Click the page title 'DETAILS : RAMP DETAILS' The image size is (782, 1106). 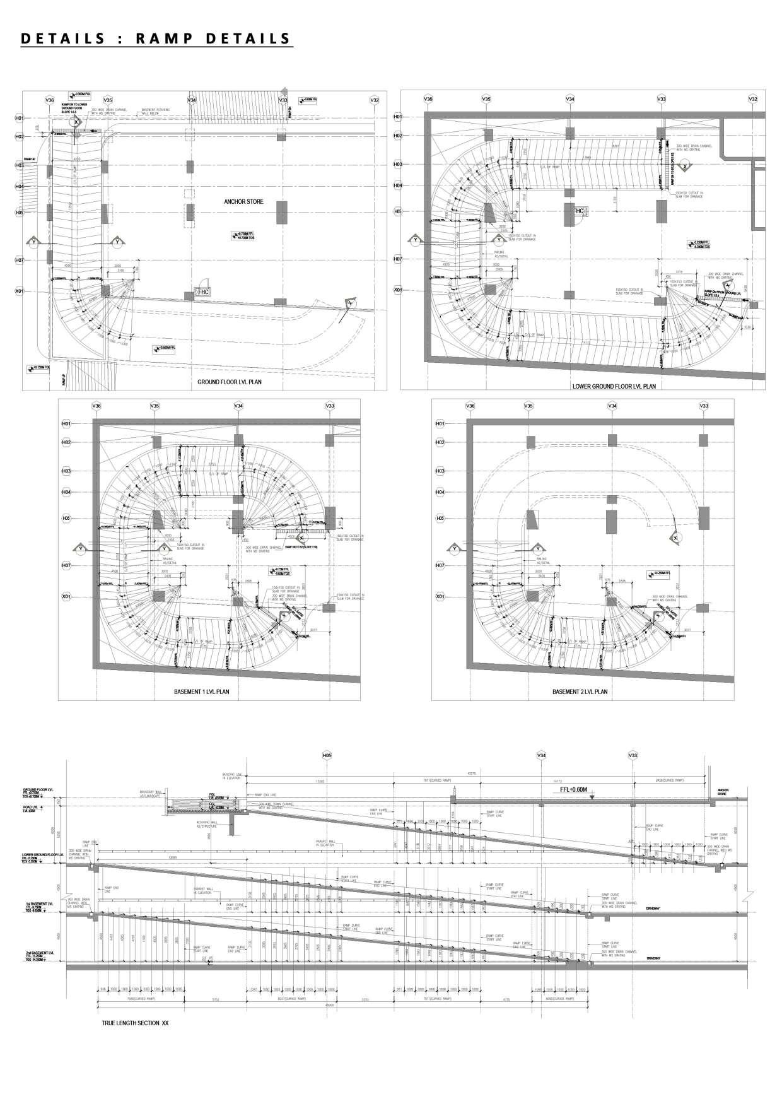[x=156, y=38]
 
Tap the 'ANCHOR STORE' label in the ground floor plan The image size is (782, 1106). [x=243, y=202]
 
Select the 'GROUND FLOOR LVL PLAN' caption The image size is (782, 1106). [x=230, y=382]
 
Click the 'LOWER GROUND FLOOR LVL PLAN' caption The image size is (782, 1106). [x=614, y=386]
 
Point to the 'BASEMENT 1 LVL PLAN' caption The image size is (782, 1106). [x=201, y=692]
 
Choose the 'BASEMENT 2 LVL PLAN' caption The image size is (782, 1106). [x=580, y=692]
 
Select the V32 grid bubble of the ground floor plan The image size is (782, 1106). [x=374, y=100]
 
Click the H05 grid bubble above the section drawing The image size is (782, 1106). [x=327, y=755]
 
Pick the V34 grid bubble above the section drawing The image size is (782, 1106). [x=541, y=755]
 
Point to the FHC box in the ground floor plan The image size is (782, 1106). [x=203, y=292]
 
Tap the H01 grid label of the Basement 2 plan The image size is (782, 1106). [x=440, y=424]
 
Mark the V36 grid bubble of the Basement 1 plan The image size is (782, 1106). [x=96, y=406]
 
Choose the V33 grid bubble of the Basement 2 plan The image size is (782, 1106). [x=704, y=406]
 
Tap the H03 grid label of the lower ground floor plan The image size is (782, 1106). [x=398, y=165]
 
